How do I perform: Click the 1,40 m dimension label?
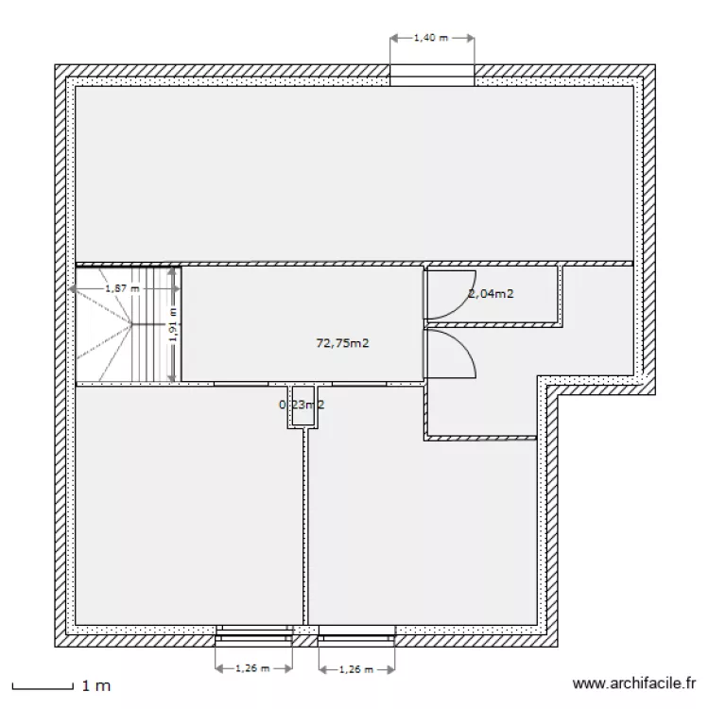(x=431, y=39)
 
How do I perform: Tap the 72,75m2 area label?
(x=341, y=343)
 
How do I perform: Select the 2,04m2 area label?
(x=491, y=293)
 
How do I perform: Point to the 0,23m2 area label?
(x=302, y=405)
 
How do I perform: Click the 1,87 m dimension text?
(x=122, y=287)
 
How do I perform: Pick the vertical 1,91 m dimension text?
(x=172, y=326)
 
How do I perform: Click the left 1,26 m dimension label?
(x=252, y=668)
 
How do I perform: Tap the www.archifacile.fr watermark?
(x=634, y=682)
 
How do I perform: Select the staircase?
(x=126, y=326)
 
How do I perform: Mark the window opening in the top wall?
(x=432, y=76)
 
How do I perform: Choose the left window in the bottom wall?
(x=253, y=631)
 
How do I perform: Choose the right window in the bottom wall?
(x=356, y=631)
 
